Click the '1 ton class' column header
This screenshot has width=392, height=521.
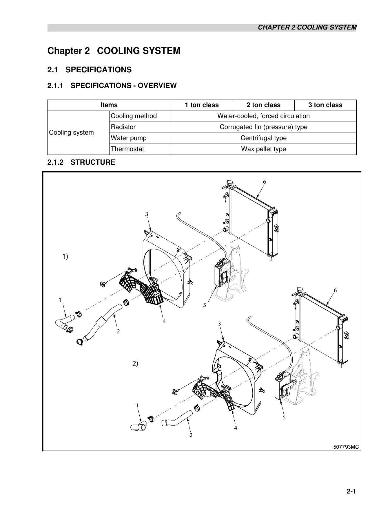tap(202, 105)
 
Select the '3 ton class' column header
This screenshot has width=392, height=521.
tap(325, 105)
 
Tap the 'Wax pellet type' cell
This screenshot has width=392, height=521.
tap(263, 149)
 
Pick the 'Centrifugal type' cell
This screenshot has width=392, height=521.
tap(263, 138)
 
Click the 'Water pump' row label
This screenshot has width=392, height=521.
tap(129, 138)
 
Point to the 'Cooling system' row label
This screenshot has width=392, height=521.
tap(71, 133)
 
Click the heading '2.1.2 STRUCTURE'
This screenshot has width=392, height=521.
tap(81, 162)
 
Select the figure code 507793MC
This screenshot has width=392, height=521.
tap(346, 447)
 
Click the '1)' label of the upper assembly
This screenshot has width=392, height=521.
tap(65, 256)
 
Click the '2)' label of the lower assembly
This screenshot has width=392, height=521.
tap(135, 364)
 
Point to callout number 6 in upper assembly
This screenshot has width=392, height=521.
tap(264, 182)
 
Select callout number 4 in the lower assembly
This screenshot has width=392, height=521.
tap(236, 428)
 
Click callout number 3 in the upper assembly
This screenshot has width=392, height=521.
tap(147, 214)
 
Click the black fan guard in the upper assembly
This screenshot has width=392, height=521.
tap(142, 286)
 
